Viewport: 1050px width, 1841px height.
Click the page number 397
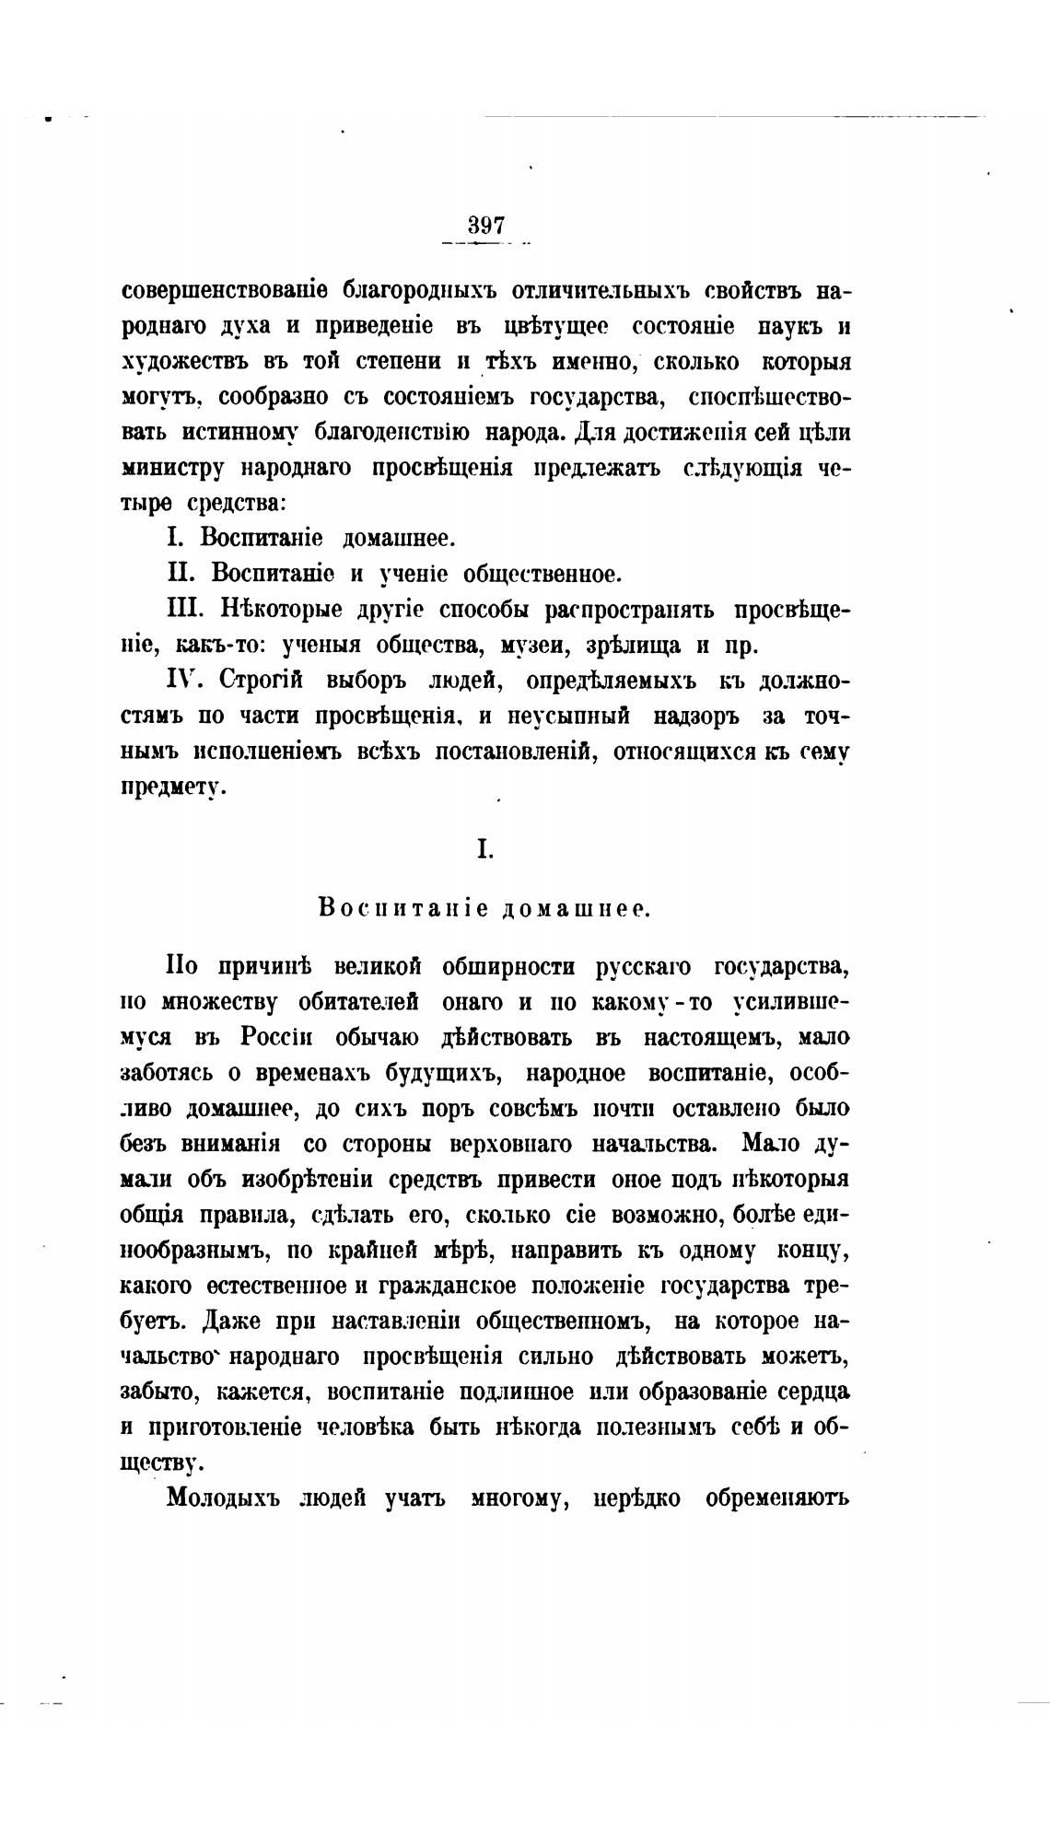click(x=486, y=226)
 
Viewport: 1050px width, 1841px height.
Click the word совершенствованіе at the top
click(x=220, y=292)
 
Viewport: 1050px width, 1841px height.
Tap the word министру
click(x=173, y=468)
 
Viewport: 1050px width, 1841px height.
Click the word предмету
click(x=172, y=788)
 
